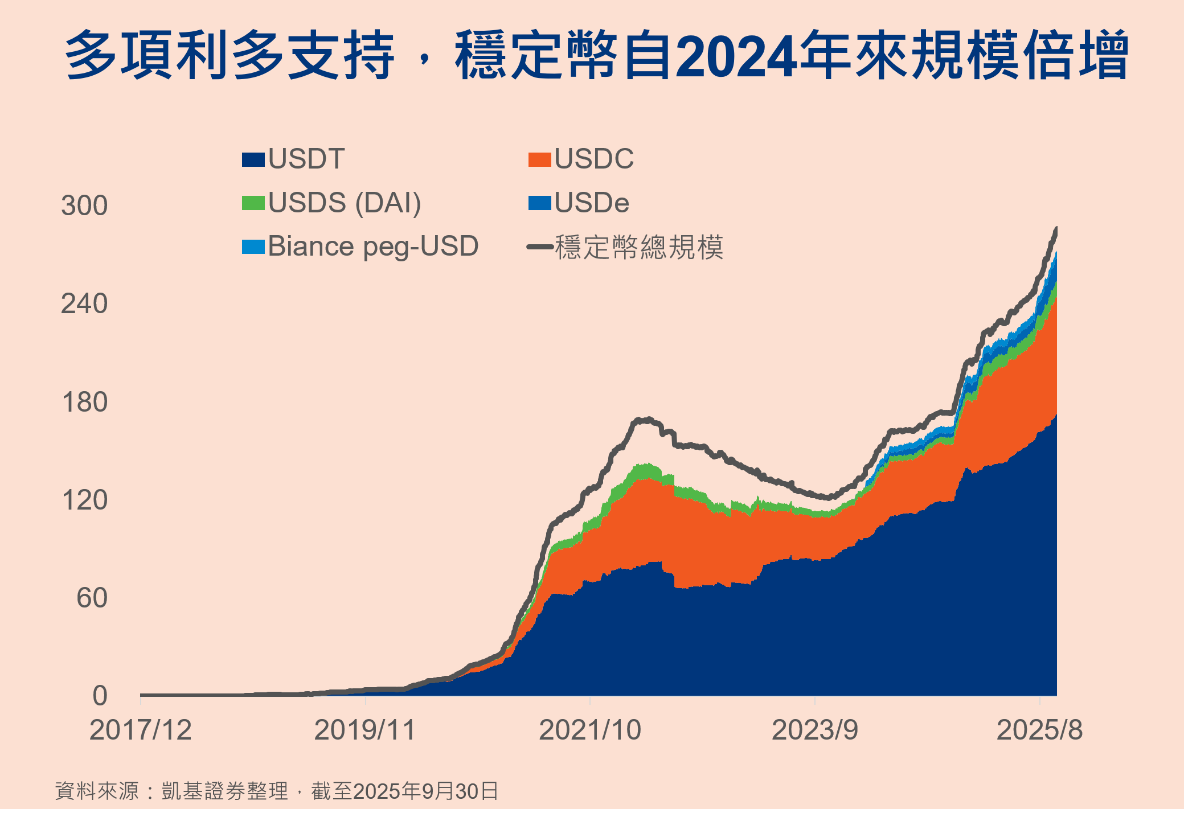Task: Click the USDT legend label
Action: coord(306,159)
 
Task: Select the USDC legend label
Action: coord(593,159)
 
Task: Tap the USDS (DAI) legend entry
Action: coord(344,203)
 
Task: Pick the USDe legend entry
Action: coord(591,203)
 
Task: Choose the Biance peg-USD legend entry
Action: coord(372,247)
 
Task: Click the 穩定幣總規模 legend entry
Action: coord(638,247)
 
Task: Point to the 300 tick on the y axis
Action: coord(84,206)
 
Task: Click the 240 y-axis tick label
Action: coord(84,304)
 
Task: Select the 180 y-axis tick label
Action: coord(84,403)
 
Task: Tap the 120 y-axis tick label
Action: coord(84,500)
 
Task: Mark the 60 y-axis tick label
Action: coord(92,598)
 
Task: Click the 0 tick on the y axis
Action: coord(100,696)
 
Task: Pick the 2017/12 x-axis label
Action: coord(140,730)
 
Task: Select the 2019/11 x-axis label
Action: coord(365,730)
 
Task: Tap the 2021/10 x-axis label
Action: coord(590,730)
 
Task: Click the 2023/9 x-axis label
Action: coord(814,730)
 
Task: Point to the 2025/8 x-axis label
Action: coord(1039,730)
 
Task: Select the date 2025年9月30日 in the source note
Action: coord(425,791)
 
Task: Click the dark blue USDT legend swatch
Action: coord(253,159)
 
